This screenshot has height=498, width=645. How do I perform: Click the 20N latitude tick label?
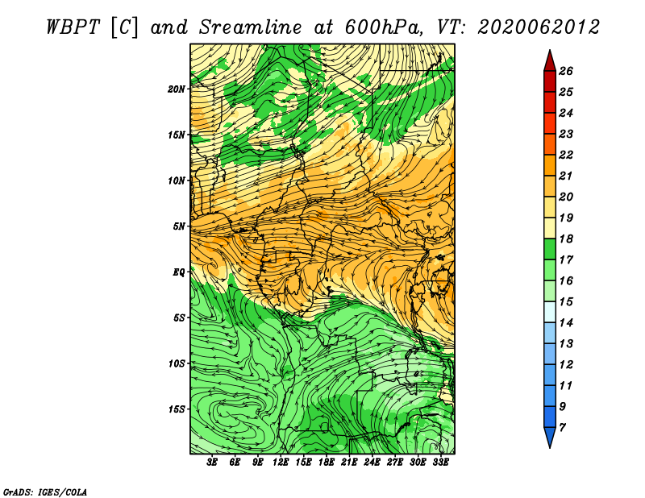[x=177, y=89]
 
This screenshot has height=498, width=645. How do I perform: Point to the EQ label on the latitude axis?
[x=178, y=272]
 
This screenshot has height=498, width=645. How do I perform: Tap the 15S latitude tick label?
[x=177, y=409]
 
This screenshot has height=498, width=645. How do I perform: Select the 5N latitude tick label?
[x=179, y=226]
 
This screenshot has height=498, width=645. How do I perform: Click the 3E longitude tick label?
[x=212, y=463]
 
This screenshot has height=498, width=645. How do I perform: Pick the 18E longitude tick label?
[x=327, y=463]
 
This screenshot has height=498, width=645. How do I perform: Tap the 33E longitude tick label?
[x=440, y=463]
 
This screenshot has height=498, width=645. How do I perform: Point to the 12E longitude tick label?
[x=281, y=463]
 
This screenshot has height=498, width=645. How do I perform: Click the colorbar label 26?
[x=566, y=71]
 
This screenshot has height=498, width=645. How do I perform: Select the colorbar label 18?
[x=566, y=239]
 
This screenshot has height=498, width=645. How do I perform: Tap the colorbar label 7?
[x=562, y=428]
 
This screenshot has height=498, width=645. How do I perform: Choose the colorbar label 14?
[x=566, y=323]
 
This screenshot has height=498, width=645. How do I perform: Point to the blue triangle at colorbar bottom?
[x=550, y=437]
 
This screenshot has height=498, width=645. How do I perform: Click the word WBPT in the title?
[x=73, y=27]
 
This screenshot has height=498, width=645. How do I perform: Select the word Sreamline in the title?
[x=251, y=27]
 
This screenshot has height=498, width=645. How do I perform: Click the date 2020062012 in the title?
[x=539, y=27]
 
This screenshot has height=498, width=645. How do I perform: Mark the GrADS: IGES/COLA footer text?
[x=45, y=492]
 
